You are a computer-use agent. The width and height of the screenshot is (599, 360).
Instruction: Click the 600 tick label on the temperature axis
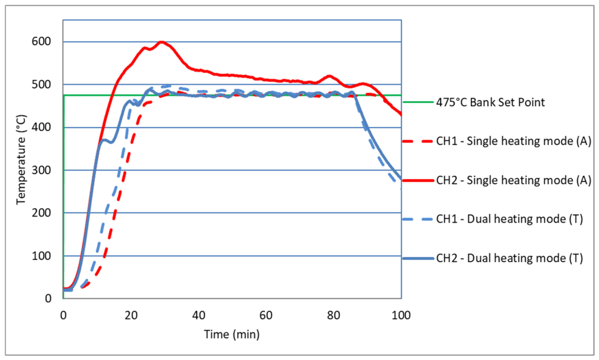coord(41,42)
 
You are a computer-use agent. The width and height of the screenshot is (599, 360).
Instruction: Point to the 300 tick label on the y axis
coord(41,170)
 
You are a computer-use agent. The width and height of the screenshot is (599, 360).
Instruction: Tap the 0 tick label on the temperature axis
coord(48,298)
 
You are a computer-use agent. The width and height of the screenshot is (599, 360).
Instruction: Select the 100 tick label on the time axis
coord(401,315)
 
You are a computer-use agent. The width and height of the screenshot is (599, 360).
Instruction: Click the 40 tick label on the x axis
coord(199,315)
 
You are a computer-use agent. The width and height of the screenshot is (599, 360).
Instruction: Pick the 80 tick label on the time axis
coord(333,315)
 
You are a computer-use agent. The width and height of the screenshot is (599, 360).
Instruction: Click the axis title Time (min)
coord(232,335)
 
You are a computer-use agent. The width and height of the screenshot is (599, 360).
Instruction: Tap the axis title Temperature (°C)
coord(21,160)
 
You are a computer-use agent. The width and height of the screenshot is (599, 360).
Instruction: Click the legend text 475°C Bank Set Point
coord(490,102)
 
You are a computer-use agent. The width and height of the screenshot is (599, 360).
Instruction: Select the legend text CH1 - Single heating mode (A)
coord(514,141)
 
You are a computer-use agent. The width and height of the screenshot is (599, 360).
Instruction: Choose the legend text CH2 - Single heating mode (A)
coord(514,180)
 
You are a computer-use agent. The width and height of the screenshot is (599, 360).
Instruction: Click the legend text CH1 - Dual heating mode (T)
coord(509,219)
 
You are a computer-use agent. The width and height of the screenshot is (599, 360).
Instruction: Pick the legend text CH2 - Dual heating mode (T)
coord(509,258)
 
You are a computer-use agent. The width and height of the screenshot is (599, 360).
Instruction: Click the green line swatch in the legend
coord(418,102)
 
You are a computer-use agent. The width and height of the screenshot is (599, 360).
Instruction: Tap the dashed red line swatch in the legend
coord(418,141)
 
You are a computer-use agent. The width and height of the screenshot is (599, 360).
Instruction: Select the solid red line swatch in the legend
coord(418,180)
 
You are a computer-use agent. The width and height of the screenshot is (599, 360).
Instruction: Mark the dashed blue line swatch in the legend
coord(418,219)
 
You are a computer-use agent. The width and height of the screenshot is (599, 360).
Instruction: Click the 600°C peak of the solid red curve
coord(161,42)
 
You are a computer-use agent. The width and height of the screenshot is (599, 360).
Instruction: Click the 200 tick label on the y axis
coord(41,213)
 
